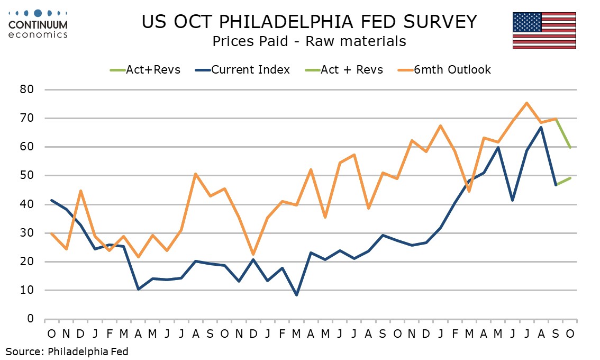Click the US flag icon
(544, 30)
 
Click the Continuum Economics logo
(38, 24)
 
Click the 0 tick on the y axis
(30, 319)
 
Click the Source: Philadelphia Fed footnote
(67, 350)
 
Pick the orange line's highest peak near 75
(526, 103)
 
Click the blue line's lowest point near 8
(296, 295)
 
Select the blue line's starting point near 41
(51, 200)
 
